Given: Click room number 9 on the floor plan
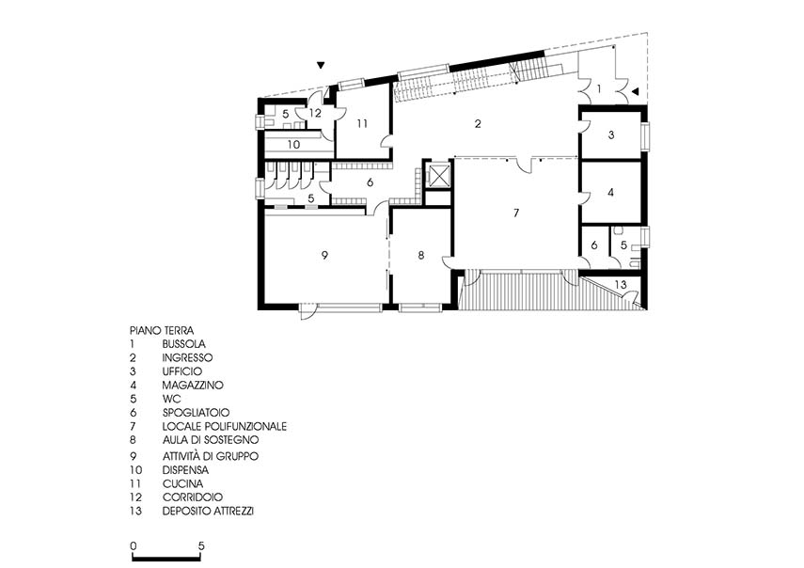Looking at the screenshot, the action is tap(324, 255).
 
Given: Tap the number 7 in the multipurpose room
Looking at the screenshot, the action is tap(516, 213).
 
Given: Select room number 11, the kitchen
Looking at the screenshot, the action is tap(363, 123).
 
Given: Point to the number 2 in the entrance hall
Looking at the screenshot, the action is tap(478, 123).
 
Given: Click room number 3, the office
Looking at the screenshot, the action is tap(610, 135).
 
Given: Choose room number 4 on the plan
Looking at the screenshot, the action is tap(610, 192).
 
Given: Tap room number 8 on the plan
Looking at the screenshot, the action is tap(421, 255).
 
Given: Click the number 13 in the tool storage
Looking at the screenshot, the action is tap(621, 284).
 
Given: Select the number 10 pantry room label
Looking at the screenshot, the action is tap(293, 145).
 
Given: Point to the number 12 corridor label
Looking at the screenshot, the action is tap(315, 113).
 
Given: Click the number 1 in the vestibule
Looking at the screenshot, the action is tap(599, 89).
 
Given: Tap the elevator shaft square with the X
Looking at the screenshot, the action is tap(437, 175).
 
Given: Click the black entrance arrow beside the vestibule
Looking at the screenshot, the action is tap(635, 91).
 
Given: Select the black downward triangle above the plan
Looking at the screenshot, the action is tap(321, 65).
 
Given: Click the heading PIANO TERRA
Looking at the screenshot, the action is tap(162, 331).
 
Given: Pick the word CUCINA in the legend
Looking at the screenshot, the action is tap(182, 483).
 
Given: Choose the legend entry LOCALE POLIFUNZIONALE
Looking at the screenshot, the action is tap(224, 426).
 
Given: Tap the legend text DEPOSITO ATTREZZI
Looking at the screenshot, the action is tap(208, 511).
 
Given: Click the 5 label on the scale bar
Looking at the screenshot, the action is tap(201, 546).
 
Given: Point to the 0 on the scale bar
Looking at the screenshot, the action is tap(134, 546).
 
